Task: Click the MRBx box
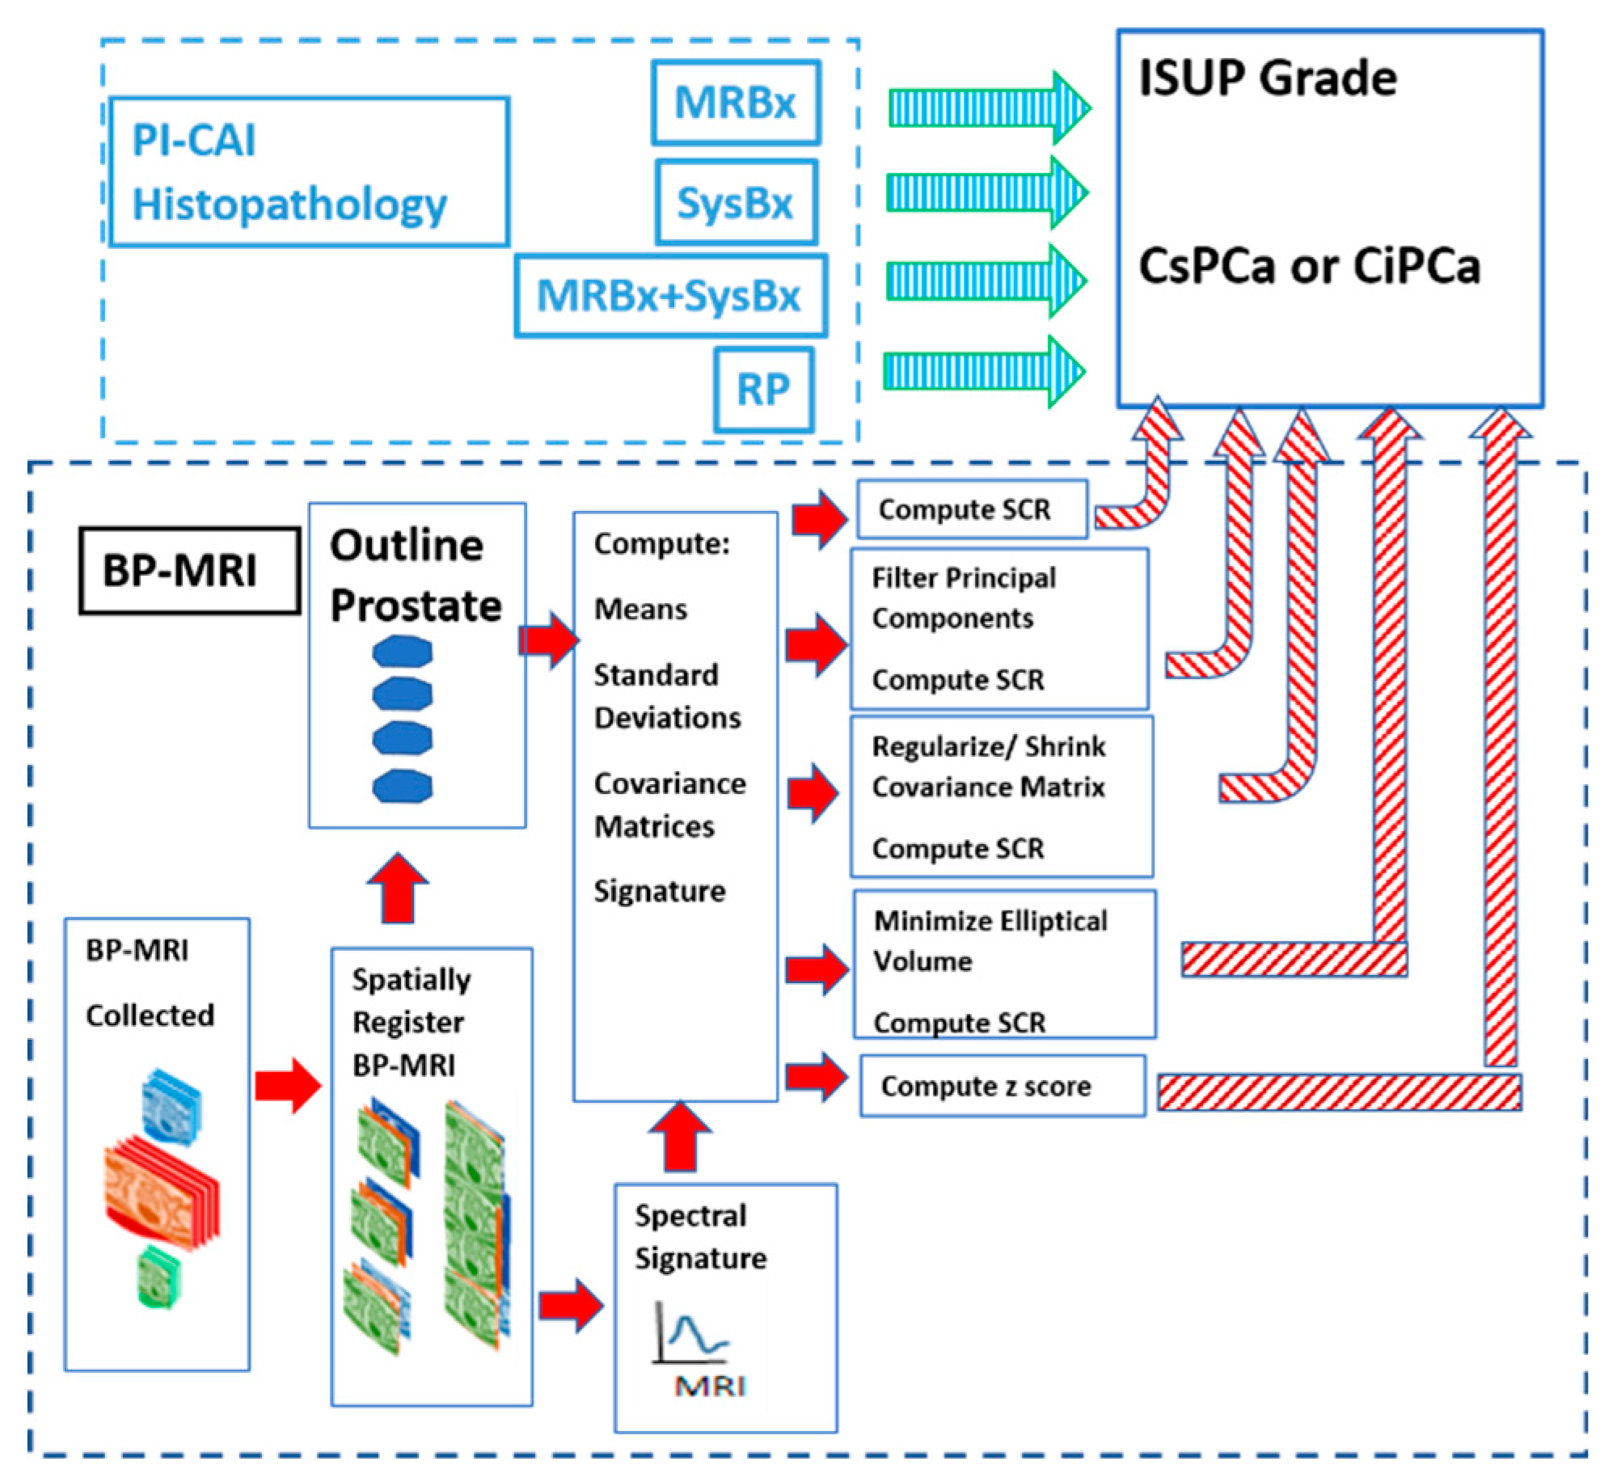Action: tap(735, 103)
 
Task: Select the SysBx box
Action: tap(735, 202)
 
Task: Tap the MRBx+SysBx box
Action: tap(670, 295)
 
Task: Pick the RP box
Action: tap(762, 390)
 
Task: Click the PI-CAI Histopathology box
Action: tap(308, 171)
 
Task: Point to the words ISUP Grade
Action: tap(1267, 78)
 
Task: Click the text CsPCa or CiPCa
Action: tap(1309, 266)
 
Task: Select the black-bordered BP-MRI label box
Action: tap(189, 571)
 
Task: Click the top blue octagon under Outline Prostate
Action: tap(403, 652)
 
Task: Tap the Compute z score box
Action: tap(1002, 1086)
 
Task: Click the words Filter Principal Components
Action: tap(963, 598)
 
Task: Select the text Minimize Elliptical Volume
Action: tap(990, 941)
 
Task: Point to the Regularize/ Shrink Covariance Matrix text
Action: tap(988, 766)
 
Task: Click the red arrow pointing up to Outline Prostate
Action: tap(397, 887)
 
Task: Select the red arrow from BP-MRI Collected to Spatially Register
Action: tap(288, 1084)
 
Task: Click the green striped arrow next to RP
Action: tap(983, 371)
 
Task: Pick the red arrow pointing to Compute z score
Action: tap(816, 1076)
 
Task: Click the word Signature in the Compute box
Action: tap(660, 891)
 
